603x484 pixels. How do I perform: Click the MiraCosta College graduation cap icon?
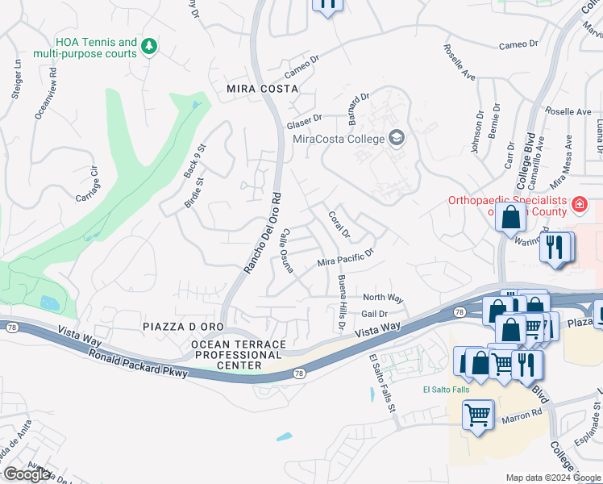[397, 138]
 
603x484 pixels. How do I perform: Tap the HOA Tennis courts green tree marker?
[148, 47]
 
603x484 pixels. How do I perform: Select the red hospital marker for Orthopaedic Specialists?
[578, 206]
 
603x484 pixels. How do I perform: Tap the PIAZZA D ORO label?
[182, 326]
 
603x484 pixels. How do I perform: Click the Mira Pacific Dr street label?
[347, 257]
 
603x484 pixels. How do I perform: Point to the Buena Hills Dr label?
[341, 303]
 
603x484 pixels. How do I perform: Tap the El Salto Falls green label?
[446, 390]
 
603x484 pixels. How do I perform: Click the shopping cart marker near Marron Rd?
[477, 415]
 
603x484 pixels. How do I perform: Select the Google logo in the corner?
[27, 474]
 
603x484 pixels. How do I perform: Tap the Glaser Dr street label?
[304, 122]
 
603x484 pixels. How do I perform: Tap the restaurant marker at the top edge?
[327, 5]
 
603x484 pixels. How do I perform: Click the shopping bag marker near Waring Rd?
[511, 216]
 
